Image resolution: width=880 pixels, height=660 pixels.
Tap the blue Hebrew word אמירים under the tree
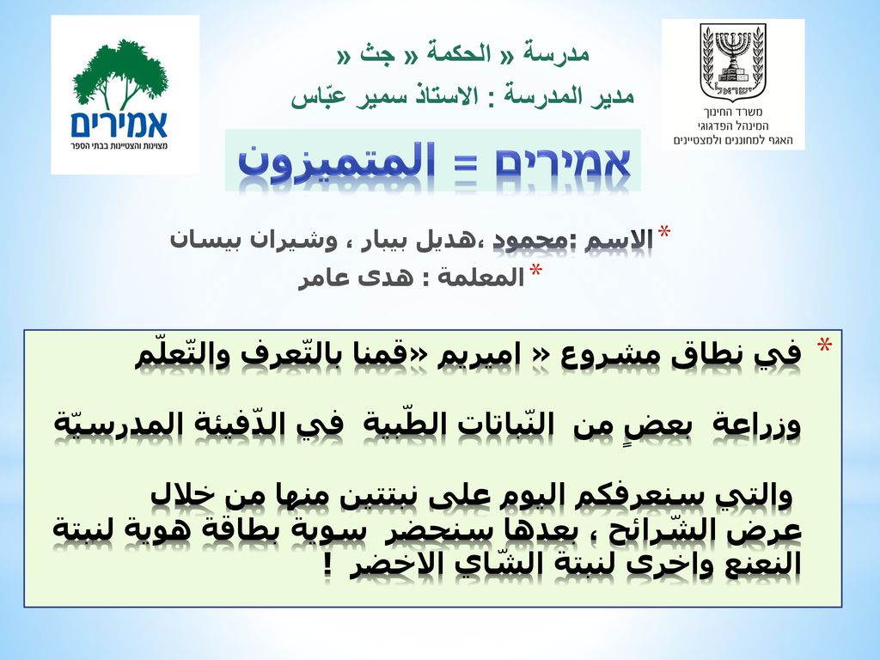pos(119,124)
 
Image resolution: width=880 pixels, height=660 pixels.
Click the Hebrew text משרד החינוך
pos(733,112)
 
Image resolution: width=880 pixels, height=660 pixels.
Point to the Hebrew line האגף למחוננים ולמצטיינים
pos(733,140)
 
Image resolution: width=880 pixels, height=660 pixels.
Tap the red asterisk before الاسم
pos(664,232)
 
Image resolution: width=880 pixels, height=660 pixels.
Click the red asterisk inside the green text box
pos(824,345)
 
